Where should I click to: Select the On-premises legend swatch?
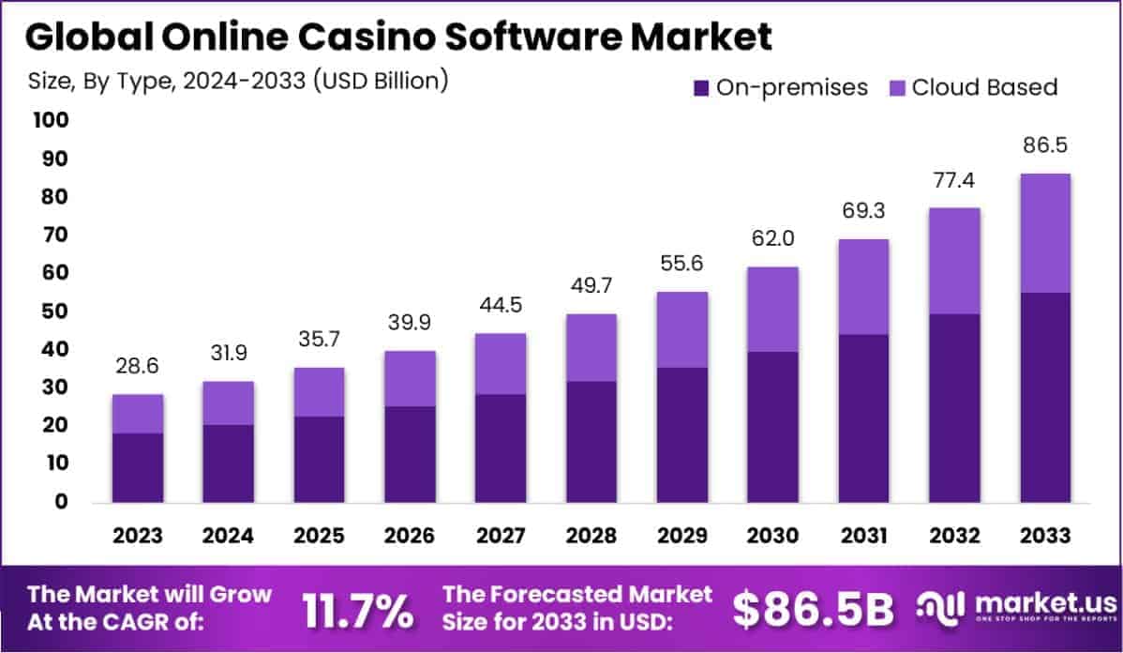(701, 88)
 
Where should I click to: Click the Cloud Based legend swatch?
(895, 88)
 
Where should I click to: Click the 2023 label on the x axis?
(138, 536)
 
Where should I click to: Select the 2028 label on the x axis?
(591, 536)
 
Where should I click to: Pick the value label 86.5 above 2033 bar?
(1045, 145)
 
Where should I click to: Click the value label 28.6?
(138, 367)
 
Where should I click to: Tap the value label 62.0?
(772, 239)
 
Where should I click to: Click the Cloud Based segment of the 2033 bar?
(1045, 233)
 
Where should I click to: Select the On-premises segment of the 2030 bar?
(772, 427)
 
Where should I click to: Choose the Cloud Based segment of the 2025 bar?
(320, 391)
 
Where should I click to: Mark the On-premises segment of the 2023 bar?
(138, 467)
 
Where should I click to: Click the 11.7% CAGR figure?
(357, 611)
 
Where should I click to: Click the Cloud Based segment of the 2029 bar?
(681, 329)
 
